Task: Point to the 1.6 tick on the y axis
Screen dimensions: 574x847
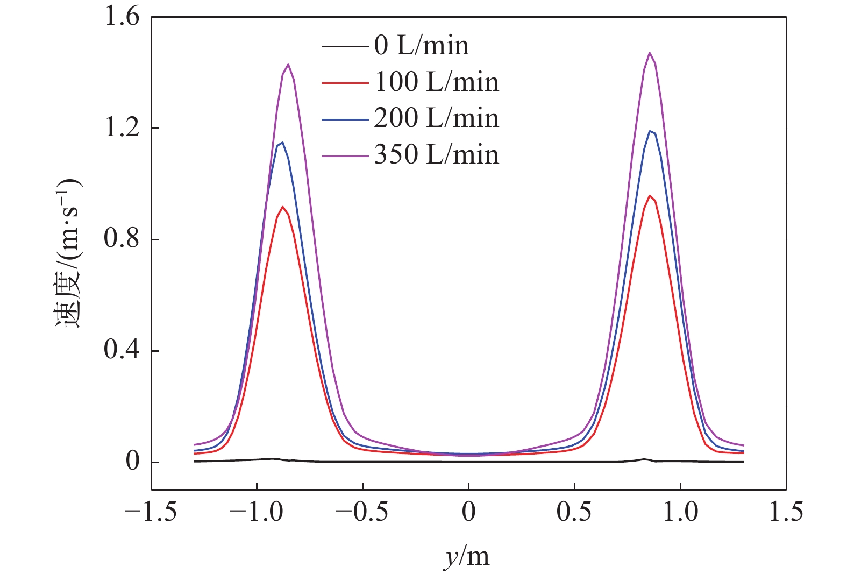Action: [x=122, y=17]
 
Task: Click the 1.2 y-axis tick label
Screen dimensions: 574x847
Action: [x=122, y=129]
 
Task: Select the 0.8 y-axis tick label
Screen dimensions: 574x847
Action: [x=122, y=239]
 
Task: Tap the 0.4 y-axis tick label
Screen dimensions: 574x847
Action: [x=122, y=351]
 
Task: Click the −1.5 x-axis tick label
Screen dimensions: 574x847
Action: [x=151, y=512]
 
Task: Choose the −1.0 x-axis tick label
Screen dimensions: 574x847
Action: [x=257, y=512]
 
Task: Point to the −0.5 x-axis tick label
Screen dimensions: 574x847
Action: [x=362, y=512]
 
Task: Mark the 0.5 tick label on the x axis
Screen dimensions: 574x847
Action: [x=574, y=512]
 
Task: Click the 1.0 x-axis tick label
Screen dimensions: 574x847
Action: [x=680, y=512]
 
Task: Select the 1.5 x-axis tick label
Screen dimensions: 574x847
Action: [x=786, y=512]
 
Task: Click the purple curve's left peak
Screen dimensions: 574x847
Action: [x=289, y=65]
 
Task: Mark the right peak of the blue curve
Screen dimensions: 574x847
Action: [x=650, y=131]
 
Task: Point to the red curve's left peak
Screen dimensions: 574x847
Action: [x=282, y=207]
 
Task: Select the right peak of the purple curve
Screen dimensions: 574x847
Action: [x=650, y=53]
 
